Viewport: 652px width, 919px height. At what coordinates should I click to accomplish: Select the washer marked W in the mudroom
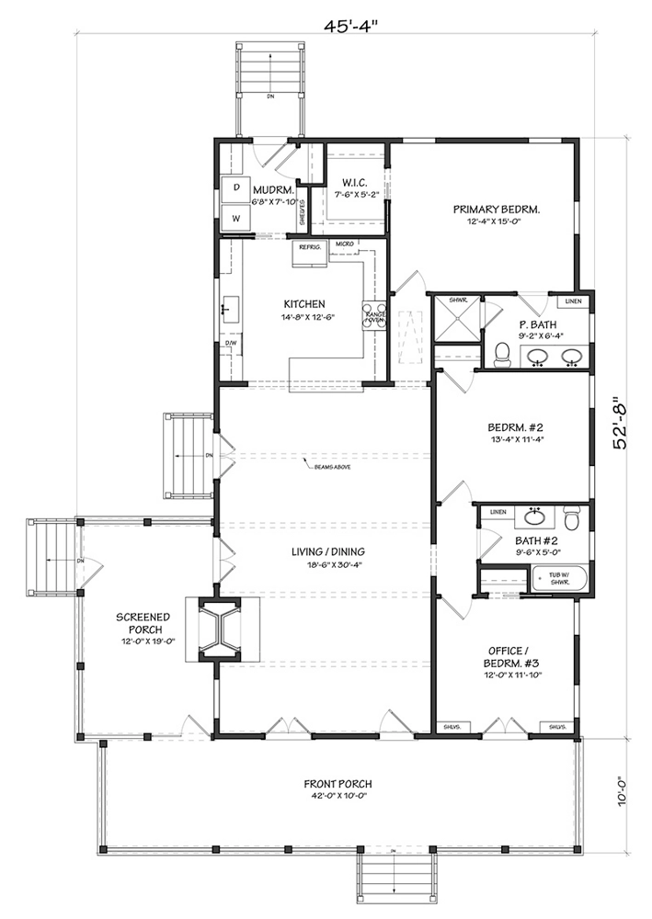click(235, 219)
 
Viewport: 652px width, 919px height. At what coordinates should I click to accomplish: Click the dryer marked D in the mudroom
click(235, 187)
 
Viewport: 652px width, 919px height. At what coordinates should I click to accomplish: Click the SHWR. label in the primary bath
click(458, 301)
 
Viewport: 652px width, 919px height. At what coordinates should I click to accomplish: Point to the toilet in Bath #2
click(570, 519)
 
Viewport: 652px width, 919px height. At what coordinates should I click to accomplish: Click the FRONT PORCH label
click(337, 789)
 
